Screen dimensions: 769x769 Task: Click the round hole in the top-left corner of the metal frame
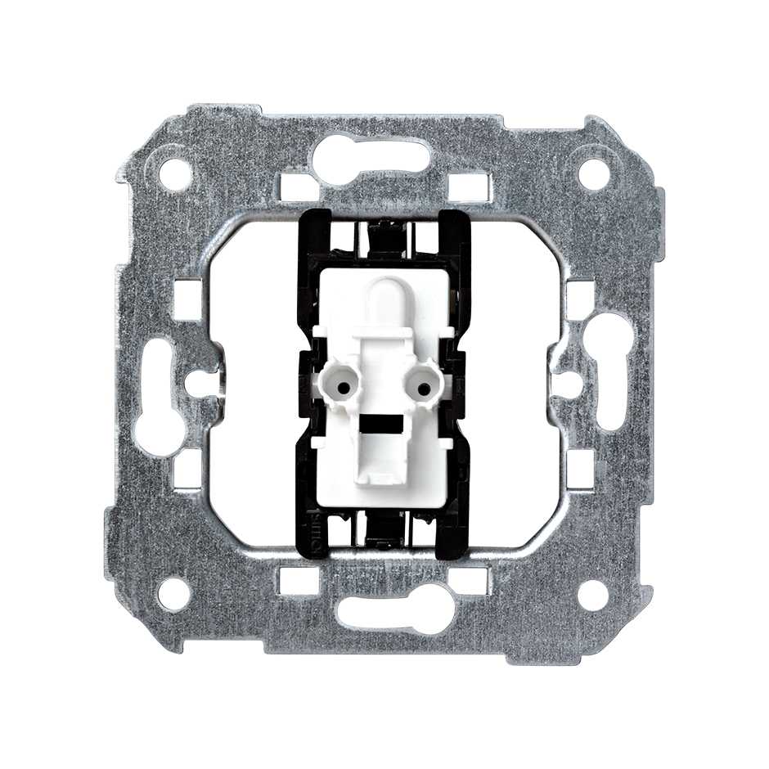[174, 173]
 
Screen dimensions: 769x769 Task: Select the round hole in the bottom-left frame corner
[174, 595]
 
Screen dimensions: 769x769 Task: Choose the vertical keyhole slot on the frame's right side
[612, 372]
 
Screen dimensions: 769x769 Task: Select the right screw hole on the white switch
[424, 384]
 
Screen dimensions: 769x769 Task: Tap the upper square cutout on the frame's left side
[187, 299]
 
